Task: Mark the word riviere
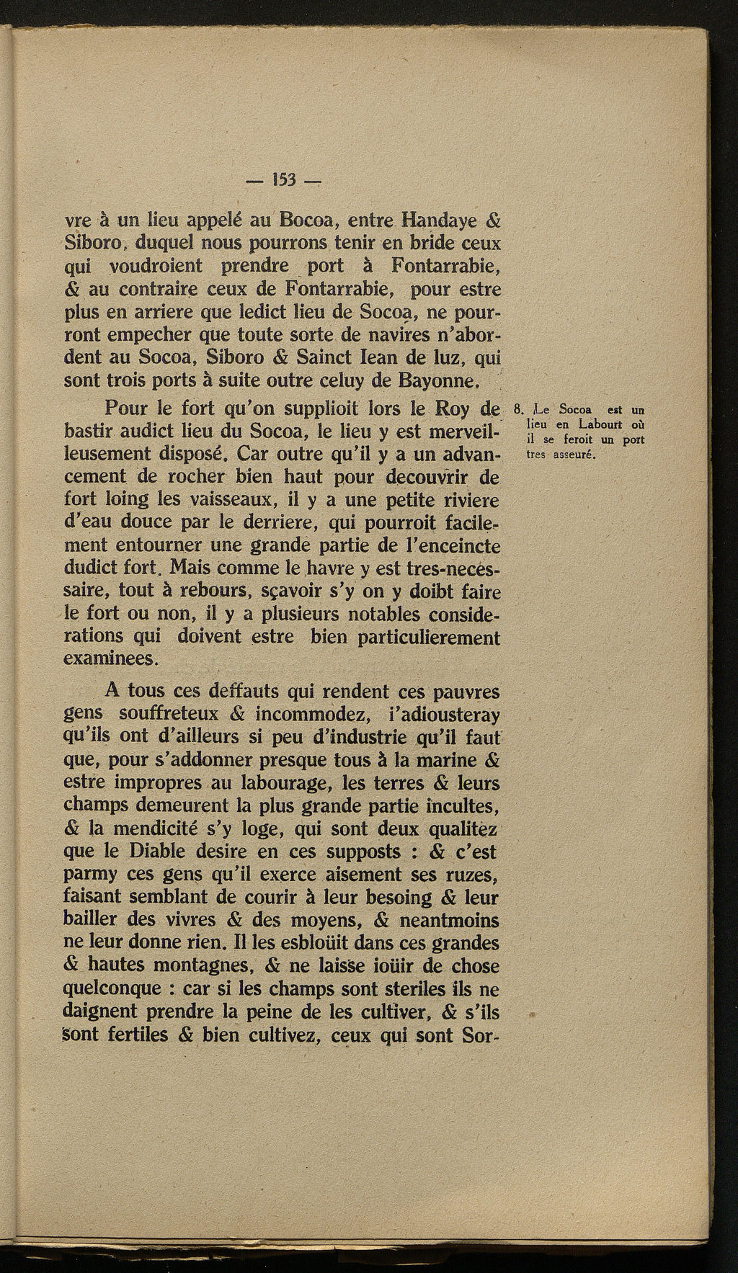pyautogui.click(x=470, y=501)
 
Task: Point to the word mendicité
pyautogui.click(x=169, y=828)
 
